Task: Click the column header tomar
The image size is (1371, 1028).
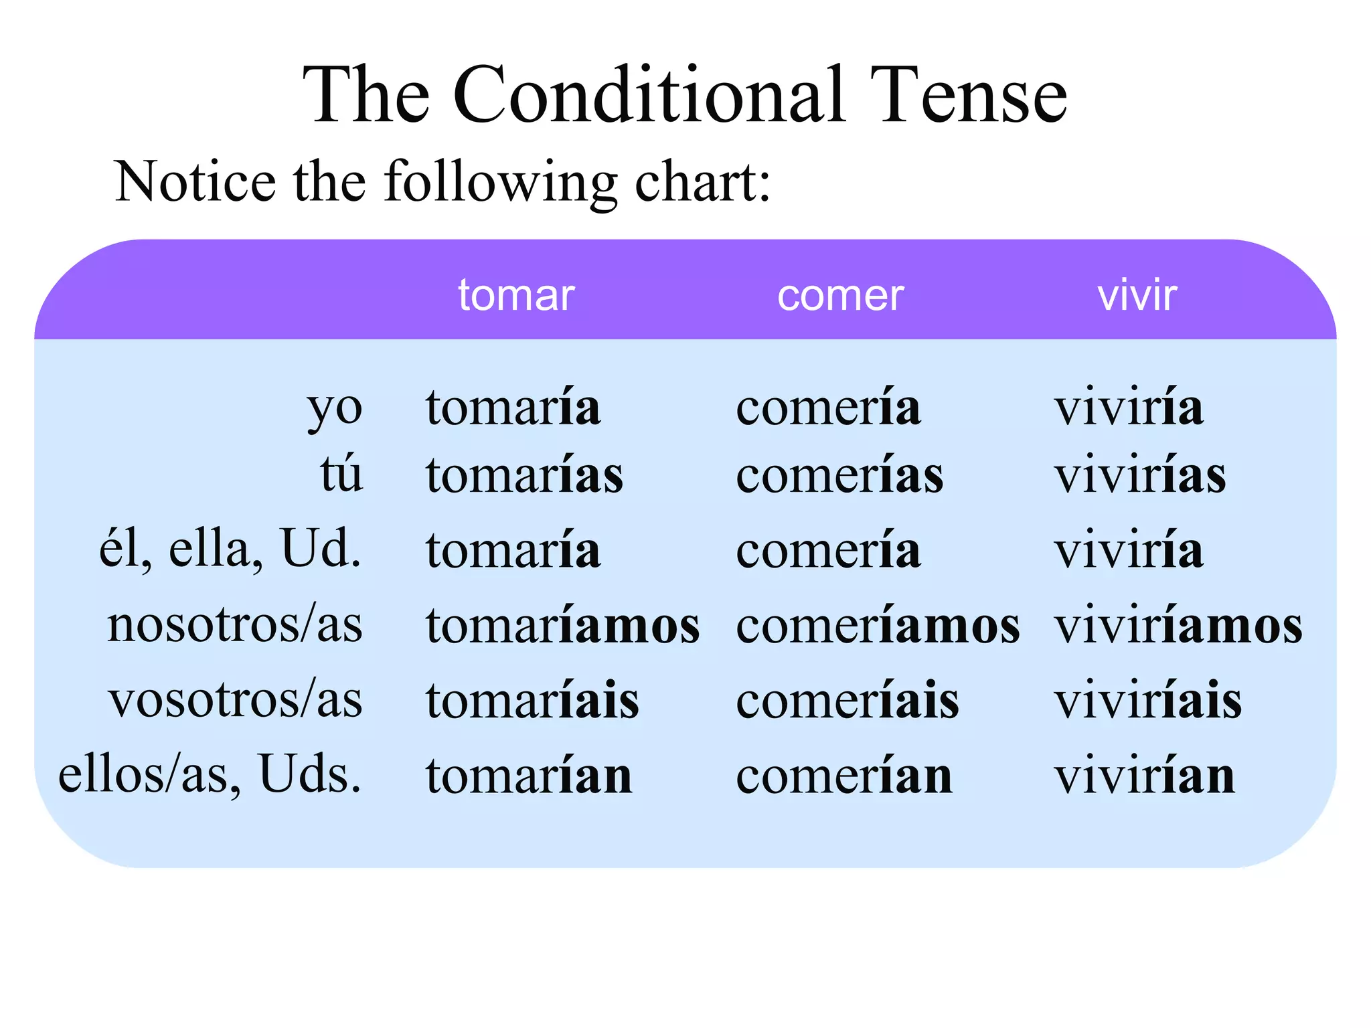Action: click(516, 295)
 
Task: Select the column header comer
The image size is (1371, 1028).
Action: click(840, 295)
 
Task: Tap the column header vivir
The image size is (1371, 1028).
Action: click(1137, 295)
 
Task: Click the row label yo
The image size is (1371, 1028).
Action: click(335, 408)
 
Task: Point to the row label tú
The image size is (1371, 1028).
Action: click(341, 475)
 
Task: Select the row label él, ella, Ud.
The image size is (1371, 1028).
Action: click(230, 549)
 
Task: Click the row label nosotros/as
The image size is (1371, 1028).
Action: click(234, 625)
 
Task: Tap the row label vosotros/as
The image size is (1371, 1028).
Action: click(235, 700)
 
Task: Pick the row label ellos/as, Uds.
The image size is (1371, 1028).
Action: click(210, 775)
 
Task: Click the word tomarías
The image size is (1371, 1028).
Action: click(524, 475)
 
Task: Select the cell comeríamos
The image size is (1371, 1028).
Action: click(878, 625)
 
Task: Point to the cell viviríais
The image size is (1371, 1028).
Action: click(1148, 700)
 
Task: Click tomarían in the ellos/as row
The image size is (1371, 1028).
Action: click(529, 775)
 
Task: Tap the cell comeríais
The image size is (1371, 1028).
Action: click(848, 700)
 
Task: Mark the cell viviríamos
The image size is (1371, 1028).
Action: click(1178, 625)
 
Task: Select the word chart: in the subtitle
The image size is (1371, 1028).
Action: click(702, 182)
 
